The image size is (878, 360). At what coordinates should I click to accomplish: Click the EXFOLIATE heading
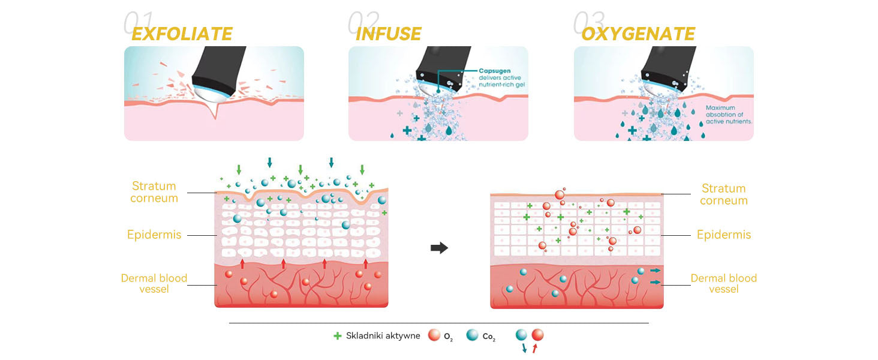[x=182, y=34]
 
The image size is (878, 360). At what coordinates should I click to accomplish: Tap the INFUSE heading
[x=388, y=34]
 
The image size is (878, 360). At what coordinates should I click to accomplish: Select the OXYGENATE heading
[x=638, y=34]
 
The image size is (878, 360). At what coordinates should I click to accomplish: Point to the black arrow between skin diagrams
[x=440, y=248]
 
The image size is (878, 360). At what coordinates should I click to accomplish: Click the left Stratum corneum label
[x=154, y=192]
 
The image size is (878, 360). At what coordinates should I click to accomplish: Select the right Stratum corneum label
[x=723, y=194]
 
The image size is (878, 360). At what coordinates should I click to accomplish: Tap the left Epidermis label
[x=154, y=235]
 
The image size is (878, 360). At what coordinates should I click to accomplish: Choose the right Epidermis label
[x=723, y=235]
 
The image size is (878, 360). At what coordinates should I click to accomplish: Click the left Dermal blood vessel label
[x=154, y=283]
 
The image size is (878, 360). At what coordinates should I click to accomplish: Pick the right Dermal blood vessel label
[x=723, y=283]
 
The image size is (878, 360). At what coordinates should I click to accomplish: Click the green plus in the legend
[x=337, y=336]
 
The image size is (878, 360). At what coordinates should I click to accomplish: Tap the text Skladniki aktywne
[x=383, y=336]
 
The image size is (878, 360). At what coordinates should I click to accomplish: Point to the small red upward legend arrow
[x=535, y=347]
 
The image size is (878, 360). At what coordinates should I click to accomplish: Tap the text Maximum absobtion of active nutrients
[x=729, y=115]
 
